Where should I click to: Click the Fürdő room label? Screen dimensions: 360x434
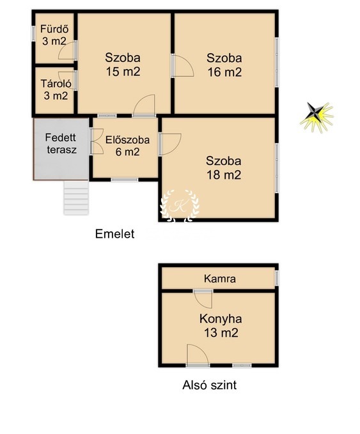pyautogui.click(x=54, y=29)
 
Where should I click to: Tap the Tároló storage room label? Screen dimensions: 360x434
pyautogui.click(x=56, y=84)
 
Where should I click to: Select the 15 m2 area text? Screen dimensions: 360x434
pyautogui.click(x=123, y=72)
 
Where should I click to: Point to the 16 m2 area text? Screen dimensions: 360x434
pyautogui.click(x=224, y=72)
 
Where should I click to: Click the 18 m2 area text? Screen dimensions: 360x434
pyautogui.click(x=224, y=175)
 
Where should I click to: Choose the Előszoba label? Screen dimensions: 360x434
pyautogui.click(x=127, y=140)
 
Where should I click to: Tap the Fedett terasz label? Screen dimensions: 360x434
pyautogui.click(x=61, y=144)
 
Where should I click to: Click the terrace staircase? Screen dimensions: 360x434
pyautogui.click(x=76, y=198)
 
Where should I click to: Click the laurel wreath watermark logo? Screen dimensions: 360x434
pyautogui.click(x=180, y=206)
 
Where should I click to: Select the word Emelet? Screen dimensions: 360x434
pyautogui.click(x=114, y=234)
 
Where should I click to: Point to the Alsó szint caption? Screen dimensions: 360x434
pyautogui.click(x=209, y=385)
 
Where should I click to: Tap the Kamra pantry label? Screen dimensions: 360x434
pyautogui.click(x=220, y=279)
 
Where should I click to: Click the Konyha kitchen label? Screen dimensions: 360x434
pyautogui.click(x=221, y=319)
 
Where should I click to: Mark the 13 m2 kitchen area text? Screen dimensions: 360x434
pyautogui.click(x=221, y=332)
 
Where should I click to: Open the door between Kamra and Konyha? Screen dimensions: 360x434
pyautogui.click(x=203, y=298)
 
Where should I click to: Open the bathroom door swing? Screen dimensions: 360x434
pyautogui.click(x=67, y=50)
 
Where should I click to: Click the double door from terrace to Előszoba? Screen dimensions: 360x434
pyautogui.click(x=97, y=141)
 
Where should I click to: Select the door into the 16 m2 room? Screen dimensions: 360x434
pyautogui.click(x=182, y=65)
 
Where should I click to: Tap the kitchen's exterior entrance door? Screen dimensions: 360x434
pyautogui.click(x=198, y=355)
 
